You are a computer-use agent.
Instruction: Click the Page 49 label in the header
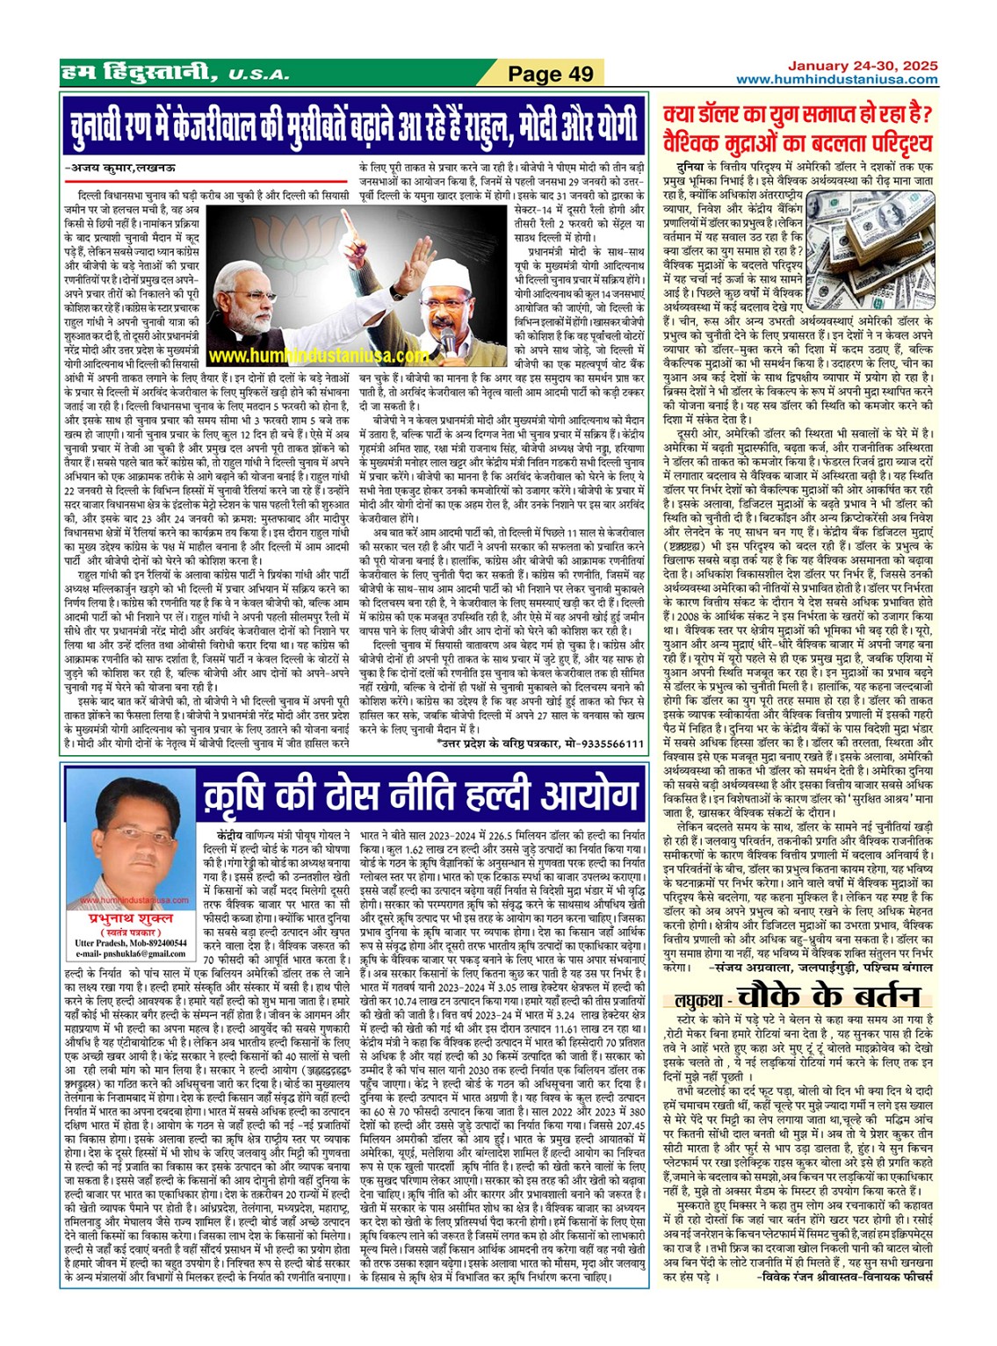551,74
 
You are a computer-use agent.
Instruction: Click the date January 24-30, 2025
862,66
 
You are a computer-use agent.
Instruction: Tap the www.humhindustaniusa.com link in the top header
836,80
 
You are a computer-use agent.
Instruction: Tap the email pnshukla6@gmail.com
131,954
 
